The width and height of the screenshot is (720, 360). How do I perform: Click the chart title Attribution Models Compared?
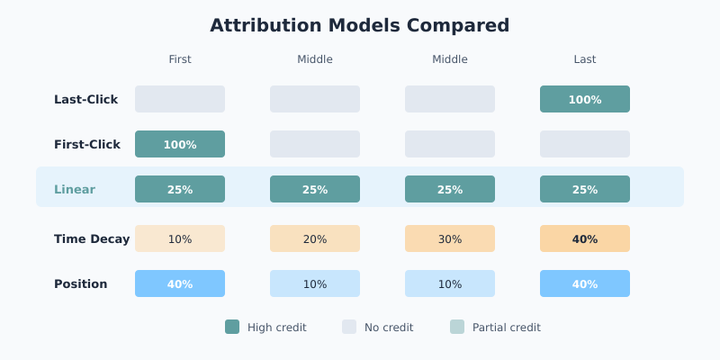[x=360, y=25]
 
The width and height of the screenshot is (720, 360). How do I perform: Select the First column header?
[x=180, y=59]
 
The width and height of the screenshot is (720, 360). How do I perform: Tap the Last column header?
[x=585, y=59]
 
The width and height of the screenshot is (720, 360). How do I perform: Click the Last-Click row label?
[x=85, y=100]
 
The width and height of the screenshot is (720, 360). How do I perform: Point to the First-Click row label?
[x=86, y=145]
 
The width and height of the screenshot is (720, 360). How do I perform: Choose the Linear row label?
[x=75, y=190]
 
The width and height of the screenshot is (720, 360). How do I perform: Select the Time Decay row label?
[x=92, y=239]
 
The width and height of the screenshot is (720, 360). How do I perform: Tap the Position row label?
[x=80, y=284]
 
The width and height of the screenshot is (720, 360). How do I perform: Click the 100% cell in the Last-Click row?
[x=585, y=99]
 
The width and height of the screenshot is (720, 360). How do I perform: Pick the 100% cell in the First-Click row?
[x=180, y=144]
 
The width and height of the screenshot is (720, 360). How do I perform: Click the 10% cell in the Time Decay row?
[x=180, y=238]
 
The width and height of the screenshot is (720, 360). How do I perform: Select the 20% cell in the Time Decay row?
[x=315, y=238]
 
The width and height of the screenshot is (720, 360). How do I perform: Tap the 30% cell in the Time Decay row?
[x=450, y=238]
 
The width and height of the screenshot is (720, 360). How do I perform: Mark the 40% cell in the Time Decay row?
[x=585, y=238]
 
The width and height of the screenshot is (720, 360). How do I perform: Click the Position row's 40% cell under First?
[x=180, y=283]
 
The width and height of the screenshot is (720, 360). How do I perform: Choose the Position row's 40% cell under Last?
[x=585, y=283]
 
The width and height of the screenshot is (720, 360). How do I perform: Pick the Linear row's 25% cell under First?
[x=180, y=189]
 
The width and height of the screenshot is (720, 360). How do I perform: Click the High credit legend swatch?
[x=232, y=327]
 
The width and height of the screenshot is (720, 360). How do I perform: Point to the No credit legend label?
[x=389, y=328]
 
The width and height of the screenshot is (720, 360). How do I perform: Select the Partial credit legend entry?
[x=496, y=328]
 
